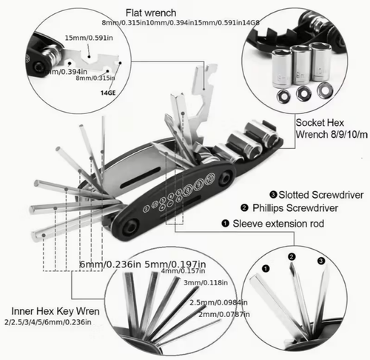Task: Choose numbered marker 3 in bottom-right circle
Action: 320,261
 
